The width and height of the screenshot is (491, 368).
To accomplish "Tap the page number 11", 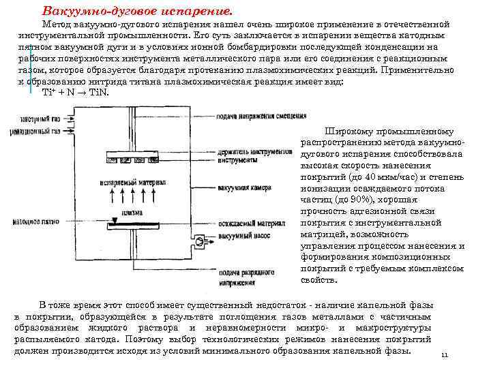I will (x=444, y=356).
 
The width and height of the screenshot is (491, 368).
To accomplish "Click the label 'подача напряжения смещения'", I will (x=256, y=116).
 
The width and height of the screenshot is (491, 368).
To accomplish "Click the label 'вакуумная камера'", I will (x=243, y=187).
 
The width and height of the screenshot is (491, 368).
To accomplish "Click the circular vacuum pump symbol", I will (x=199, y=241).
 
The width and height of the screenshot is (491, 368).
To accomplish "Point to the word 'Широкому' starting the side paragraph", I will (x=350, y=132).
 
